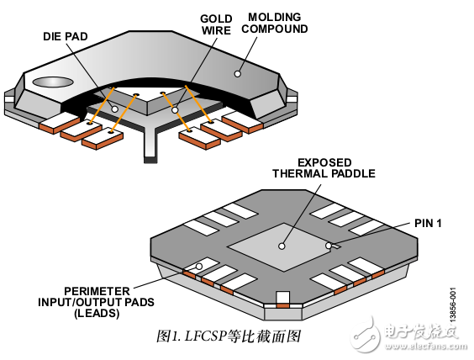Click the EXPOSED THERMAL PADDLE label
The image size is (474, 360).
[x=323, y=167]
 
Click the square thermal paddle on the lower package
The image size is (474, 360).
[x=282, y=244]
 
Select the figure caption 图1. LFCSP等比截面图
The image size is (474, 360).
[x=228, y=336]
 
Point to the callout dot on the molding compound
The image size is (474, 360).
[x=238, y=73]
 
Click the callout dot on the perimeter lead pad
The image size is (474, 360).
[x=198, y=267]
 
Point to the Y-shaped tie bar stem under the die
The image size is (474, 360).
[x=150, y=147]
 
